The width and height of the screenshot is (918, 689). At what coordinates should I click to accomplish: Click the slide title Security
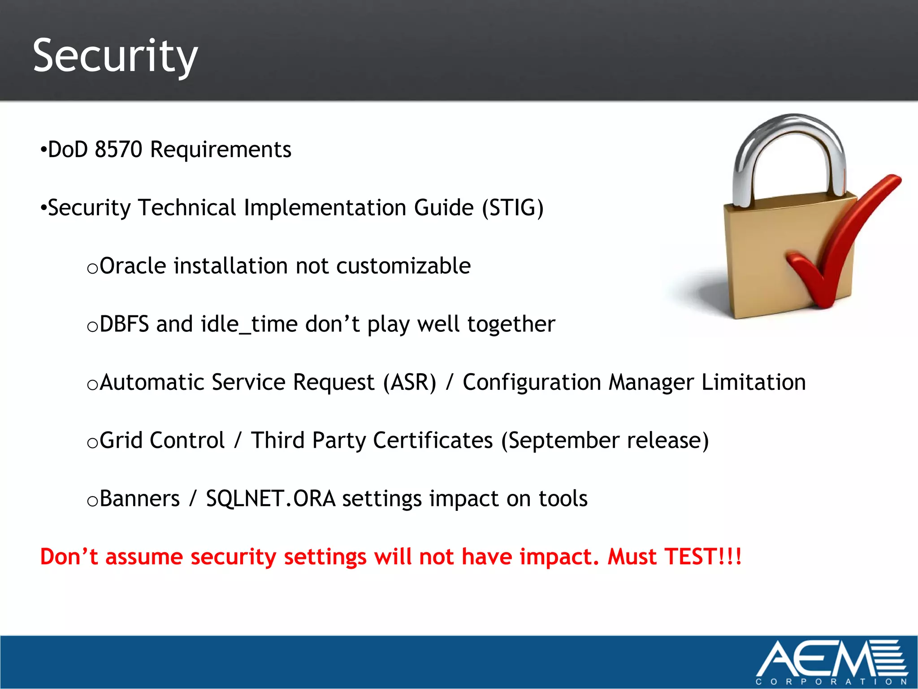click(x=115, y=56)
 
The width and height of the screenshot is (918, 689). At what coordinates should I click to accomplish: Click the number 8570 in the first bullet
click(x=118, y=149)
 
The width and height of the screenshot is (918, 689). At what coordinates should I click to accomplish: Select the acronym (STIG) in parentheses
click(x=513, y=208)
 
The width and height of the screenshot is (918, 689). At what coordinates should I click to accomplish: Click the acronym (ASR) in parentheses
click(x=409, y=382)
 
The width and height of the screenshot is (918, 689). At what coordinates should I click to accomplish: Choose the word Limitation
click(x=753, y=382)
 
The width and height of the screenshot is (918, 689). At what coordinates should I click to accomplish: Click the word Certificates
click(x=433, y=440)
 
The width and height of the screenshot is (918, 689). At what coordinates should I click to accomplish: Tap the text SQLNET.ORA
click(x=270, y=498)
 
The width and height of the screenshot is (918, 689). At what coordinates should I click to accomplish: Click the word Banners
click(x=139, y=498)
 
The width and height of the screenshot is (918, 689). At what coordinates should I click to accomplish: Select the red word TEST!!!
click(x=702, y=557)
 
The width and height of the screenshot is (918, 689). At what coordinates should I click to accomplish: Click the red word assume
click(x=144, y=557)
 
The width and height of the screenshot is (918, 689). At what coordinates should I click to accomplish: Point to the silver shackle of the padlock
click(x=789, y=135)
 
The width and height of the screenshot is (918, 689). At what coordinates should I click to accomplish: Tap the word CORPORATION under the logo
click(x=831, y=681)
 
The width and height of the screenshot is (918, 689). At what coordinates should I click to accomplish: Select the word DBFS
click(x=124, y=324)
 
